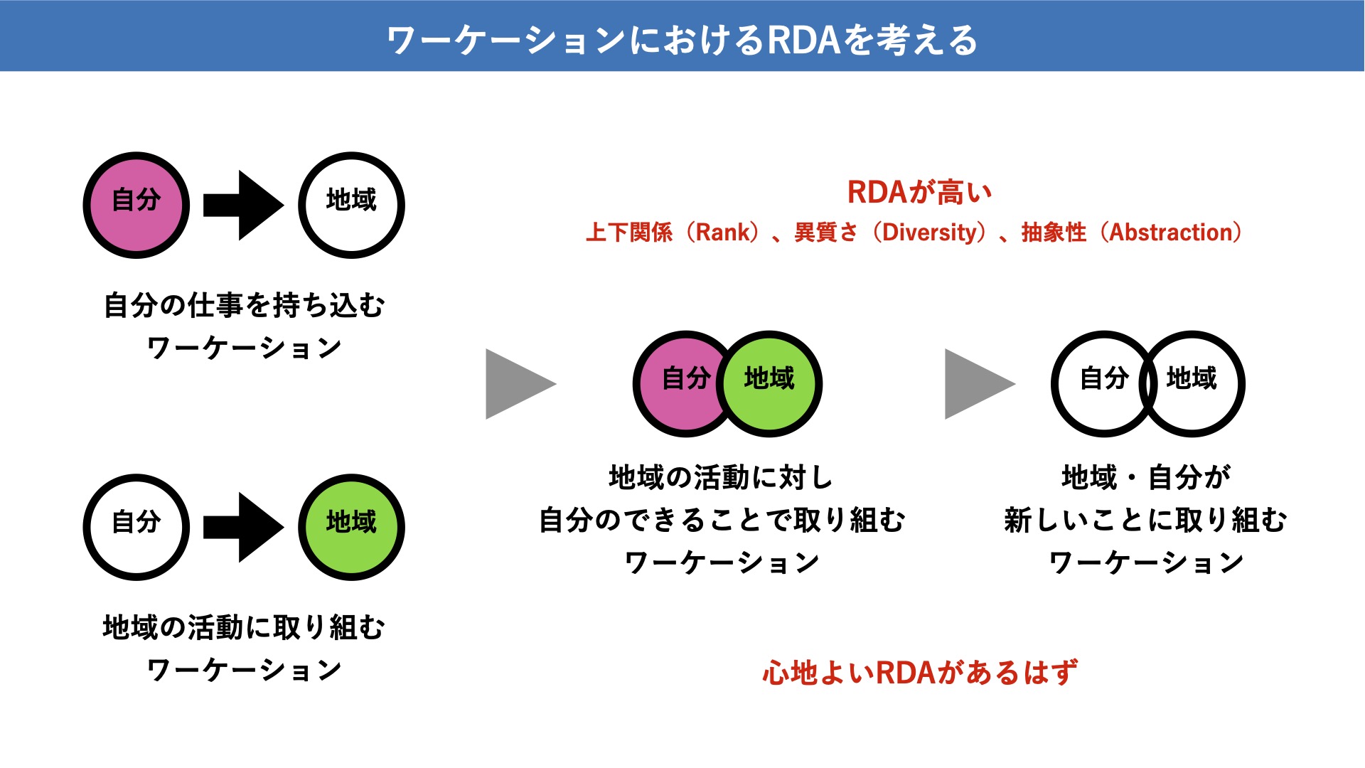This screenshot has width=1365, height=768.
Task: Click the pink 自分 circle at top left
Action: pyautogui.click(x=136, y=205)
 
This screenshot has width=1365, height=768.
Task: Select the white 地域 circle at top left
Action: pyautogui.click(x=351, y=205)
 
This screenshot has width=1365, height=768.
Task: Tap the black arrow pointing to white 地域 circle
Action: pyautogui.click(x=244, y=205)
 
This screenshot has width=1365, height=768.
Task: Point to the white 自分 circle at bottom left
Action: pyautogui.click(x=136, y=527)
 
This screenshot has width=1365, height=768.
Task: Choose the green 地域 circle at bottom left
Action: pyautogui.click(x=351, y=527)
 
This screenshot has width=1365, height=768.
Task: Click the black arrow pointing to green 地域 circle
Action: pyautogui.click(x=244, y=527)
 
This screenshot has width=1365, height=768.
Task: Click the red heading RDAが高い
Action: pyautogui.click(x=919, y=192)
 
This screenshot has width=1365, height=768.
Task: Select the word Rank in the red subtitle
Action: pyautogui.click(x=722, y=233)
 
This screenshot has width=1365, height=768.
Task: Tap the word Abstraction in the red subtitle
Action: pyautogui.click(x=1171, y=233)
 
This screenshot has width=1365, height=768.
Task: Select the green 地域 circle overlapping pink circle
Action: pyautogui.click(x=769, y=384)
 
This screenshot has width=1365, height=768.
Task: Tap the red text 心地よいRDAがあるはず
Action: pyautogui.click(x=920, y=673)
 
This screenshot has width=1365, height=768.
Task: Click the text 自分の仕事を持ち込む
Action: pyautogui.click(x=244, y=305)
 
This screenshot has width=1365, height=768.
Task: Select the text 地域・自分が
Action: pyautogui.click(x=1146, y=476)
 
